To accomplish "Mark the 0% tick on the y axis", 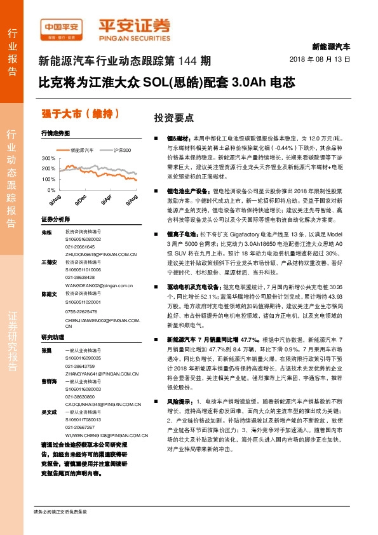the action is point(51,190).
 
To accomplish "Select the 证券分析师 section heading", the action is point(55,219).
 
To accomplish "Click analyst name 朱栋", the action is point(46,233).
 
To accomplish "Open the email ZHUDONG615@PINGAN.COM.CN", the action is point(101,254).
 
